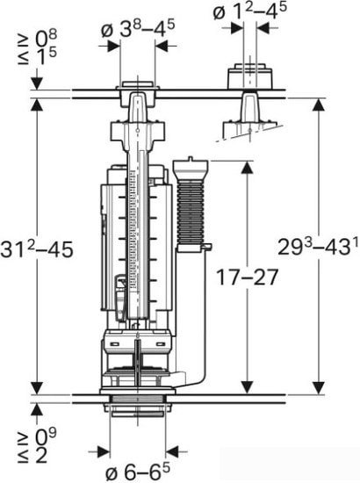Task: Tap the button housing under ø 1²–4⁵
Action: tap(247, 77)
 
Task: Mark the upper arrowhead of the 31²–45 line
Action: tap(37, 103)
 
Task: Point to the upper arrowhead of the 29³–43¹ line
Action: tap(318, 103)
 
